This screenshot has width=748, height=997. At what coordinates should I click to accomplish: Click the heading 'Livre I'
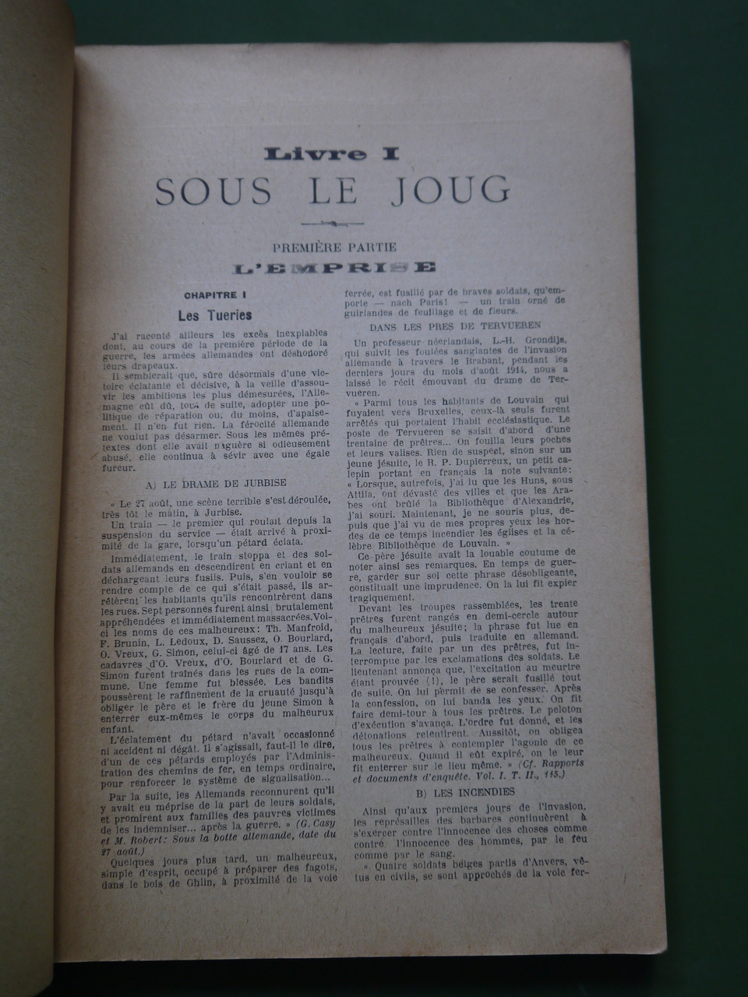point(331,154)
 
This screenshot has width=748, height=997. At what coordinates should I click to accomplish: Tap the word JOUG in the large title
point(455,189)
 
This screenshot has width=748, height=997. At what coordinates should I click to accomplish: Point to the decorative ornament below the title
point(334,225)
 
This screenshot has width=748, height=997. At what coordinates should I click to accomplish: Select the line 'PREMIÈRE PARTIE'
point(335,248)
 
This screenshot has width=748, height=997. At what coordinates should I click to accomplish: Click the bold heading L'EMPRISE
point(335,268)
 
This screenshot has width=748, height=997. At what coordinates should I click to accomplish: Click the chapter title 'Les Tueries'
point(214,315)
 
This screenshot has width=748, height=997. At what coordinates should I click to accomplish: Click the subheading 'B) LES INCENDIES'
point(460,793)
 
